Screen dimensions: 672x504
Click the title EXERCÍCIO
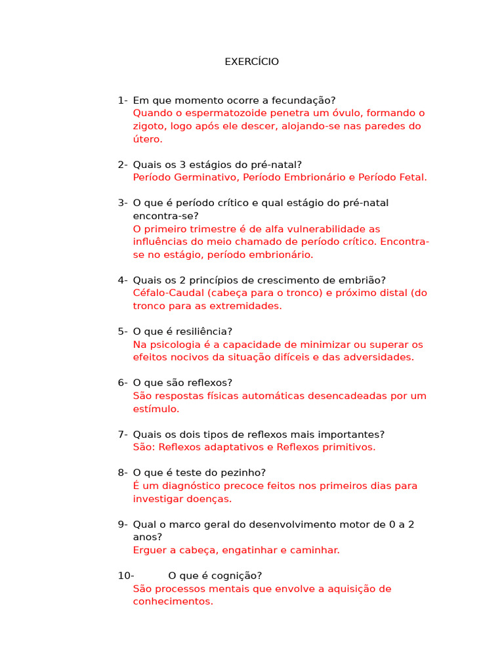pos(251,62)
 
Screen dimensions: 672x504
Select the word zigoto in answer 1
pos(148,127)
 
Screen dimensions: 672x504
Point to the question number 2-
pos(123,165)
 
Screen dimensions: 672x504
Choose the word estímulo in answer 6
pos(155,409)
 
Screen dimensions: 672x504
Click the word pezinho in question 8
pos(244,473)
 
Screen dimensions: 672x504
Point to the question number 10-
pos(126,576)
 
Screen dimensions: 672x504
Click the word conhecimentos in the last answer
pos(173,601)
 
